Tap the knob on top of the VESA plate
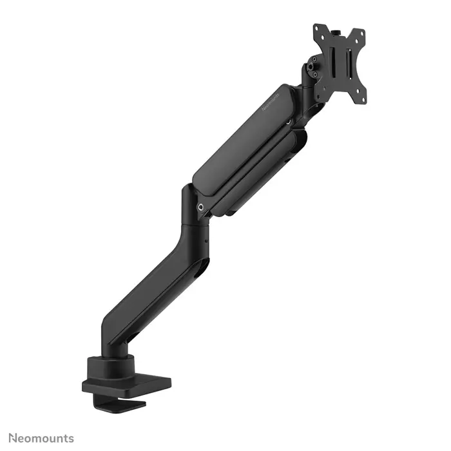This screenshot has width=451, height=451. [x=338, y=28]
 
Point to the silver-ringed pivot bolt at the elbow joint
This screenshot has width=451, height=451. [x=202, y=207]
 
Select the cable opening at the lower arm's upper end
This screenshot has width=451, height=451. [x=202, y=264]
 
